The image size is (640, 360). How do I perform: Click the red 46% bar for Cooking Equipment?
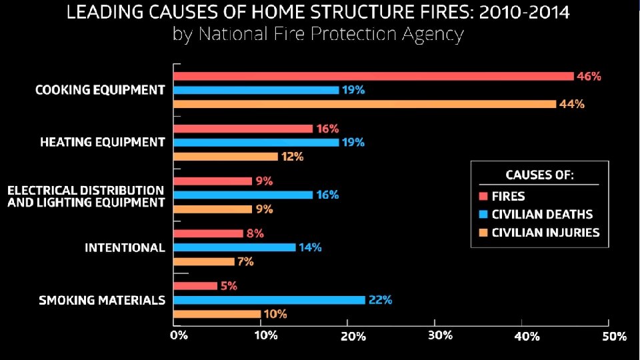tap(373, 76)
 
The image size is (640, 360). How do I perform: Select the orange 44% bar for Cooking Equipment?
tap(365, 104)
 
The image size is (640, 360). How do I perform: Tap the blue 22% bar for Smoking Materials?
tap(269, 300)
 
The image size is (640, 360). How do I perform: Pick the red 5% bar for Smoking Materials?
tap(195, 286)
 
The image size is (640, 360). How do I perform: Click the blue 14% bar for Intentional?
tap(235, 247)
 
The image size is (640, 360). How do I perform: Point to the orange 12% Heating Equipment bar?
tap(226, 157)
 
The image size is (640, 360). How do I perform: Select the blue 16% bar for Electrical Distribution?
tap(243, 195)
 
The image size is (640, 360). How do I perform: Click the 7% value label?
tap(246, 261)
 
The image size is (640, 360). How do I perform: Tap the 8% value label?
tap(255, 233)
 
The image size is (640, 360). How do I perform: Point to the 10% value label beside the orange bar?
tap(275, 314)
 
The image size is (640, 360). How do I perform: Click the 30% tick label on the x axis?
tap(441, 335)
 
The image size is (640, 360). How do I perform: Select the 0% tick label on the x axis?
tap(179, 335)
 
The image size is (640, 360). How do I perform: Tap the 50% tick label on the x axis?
tap(614, 336)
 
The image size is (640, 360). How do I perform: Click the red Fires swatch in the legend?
tap(483, 196)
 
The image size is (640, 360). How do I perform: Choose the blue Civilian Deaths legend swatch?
tap(483, 214)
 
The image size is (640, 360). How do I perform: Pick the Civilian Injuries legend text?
tap(546, 233)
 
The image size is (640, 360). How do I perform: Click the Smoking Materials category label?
tap(102, 301)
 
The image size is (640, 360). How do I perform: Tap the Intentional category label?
tap(125, 248)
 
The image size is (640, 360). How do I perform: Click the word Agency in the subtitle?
tap(433, 35)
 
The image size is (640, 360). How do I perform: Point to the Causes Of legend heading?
tap(539, 175)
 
